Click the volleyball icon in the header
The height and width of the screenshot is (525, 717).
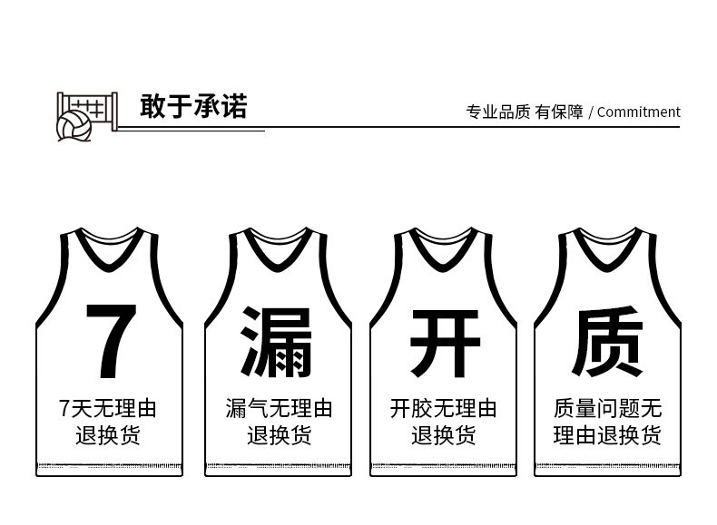74,127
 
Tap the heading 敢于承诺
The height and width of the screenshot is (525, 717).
193,107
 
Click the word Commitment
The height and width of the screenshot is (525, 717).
638,112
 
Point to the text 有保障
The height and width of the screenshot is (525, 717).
559,112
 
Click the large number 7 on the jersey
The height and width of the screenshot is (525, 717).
111,341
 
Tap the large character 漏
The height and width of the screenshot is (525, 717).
276,342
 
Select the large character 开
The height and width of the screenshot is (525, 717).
444,342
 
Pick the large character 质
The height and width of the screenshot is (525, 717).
607,342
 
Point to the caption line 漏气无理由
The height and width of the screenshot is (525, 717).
279,409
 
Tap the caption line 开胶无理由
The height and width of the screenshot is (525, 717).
444,409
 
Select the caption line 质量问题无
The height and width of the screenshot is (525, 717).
608,409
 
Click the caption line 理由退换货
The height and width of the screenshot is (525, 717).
608,436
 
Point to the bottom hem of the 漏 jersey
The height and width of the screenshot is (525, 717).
279,468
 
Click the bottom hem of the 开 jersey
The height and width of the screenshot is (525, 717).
444,468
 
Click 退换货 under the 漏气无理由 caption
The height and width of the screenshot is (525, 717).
279,436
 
